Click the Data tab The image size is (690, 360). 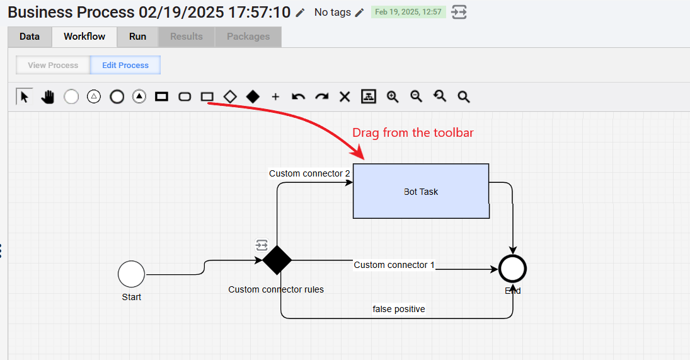coord(30,37)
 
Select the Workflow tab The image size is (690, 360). coord(84,37)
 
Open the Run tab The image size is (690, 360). coord(138,37)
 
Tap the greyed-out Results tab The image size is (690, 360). coord(187,37)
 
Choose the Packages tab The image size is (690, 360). coord(248,37)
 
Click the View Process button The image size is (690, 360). coord(53,65)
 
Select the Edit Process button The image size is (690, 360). coord(125,65)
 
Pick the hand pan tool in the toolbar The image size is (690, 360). coord(47,97)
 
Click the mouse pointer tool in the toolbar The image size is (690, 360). coord(24,96)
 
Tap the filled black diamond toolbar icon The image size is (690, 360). coord(253,96)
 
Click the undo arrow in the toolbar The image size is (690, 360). coord(298,97)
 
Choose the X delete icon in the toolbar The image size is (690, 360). coord(345,97)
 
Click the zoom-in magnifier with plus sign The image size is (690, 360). coord(393,97)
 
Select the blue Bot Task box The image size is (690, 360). coord(421,191)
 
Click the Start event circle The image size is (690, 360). coord(131,274)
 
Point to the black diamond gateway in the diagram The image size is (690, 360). coord(277,260)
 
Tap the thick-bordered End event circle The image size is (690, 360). coord(513,269)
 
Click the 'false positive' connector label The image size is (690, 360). coord(399,309)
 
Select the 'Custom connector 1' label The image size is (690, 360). coord(394,265)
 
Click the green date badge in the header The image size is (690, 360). coord(408,12)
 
